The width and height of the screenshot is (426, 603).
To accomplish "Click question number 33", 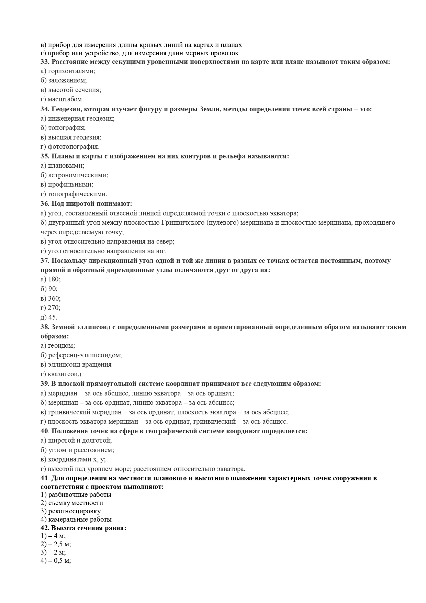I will (x=45, y=62).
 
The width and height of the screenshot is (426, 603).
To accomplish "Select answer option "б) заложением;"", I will (x=64, y=80).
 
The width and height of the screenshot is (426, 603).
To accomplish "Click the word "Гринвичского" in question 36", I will (x=182, y=223).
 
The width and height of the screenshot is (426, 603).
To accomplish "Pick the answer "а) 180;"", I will (x=51, y=279).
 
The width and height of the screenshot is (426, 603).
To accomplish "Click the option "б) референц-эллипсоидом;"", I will (x=81, y=355).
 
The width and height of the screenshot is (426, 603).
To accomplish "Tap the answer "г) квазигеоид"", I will (x=61, y=374).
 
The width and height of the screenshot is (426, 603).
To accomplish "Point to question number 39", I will (x=45, y=383).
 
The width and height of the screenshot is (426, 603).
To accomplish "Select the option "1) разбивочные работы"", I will (x=76, y=495).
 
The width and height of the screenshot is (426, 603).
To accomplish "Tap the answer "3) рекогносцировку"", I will (x=71, y=511).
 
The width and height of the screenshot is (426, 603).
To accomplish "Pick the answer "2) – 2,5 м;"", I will (x=56, y=544).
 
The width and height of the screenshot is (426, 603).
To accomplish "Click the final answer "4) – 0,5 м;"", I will (x=56, y=561).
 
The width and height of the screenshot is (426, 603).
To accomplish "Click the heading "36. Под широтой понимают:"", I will (x=86, y=203).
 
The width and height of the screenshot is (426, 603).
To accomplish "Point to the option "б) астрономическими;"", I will (x=74, y=175).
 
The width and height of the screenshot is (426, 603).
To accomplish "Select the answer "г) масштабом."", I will (x=62, y=99).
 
